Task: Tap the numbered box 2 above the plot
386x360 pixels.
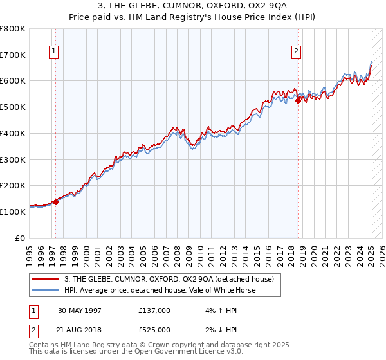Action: point(297,53)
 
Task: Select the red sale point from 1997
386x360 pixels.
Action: point(55,202)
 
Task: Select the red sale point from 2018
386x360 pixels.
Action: point(299,100)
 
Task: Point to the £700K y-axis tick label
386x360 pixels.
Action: point(13,55)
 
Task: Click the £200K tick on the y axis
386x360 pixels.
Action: point(13,185)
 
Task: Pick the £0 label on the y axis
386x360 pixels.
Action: point(21,238)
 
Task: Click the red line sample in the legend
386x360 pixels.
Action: point(46,279)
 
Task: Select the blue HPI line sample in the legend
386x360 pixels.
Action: point(46,290)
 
